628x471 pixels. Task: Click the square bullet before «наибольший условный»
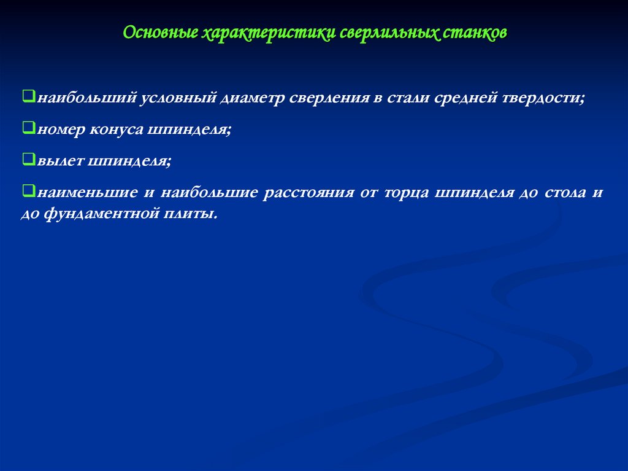pyautogui.click(x=28, y=96)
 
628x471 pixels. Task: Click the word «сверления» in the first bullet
pyautogui.click(x=327, y=98)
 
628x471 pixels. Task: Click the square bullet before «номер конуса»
pyautogui.click(x=28, y=128)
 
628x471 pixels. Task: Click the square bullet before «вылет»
pyautogui.click(x=28, y=160)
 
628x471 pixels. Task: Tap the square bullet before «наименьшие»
pyautogui.click(x=28, y=191)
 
